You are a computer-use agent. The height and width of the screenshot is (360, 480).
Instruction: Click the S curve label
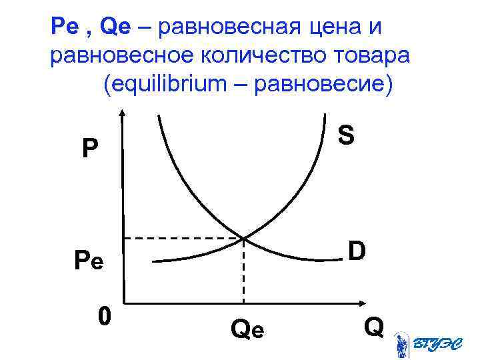click(x=345, y=135)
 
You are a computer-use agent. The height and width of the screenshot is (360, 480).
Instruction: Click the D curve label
click(x=356, y=252)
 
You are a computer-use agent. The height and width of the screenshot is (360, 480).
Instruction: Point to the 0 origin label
click(x=103, y=314)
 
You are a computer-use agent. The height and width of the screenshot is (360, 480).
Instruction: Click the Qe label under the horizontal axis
click(x=247, y=329)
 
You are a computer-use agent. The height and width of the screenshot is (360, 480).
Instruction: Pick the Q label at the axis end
click(x=373, y=327)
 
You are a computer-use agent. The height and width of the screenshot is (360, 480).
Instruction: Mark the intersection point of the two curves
click(x=243, y=238)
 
